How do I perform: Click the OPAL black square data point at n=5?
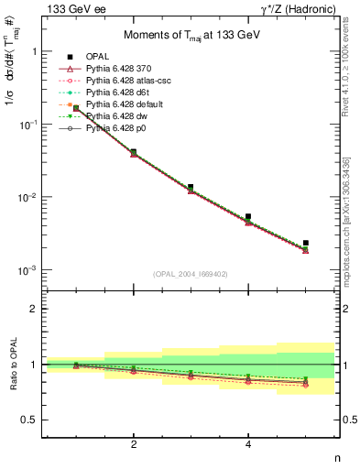coord(306,243)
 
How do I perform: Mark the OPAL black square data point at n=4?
coord(248,217)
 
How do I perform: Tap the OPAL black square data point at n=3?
coord(191,187)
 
